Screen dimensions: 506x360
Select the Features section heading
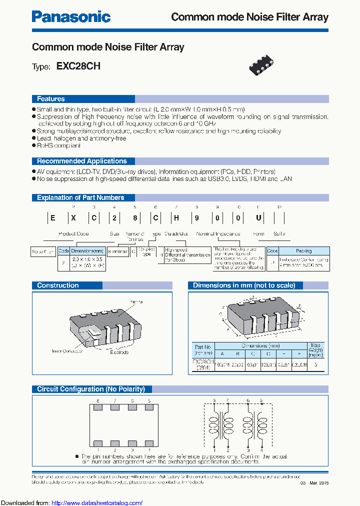(51, 99)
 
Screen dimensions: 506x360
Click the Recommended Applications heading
(82, 161)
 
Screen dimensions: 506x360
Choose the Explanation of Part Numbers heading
(80, 197)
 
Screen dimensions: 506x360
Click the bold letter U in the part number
(258, 218)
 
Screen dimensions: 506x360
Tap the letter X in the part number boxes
(73, 218)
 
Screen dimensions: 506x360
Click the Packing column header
(303, 250)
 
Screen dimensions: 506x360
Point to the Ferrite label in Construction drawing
(136, 302)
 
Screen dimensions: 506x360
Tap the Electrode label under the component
(118, 352)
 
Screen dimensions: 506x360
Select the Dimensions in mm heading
(244, 285)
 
